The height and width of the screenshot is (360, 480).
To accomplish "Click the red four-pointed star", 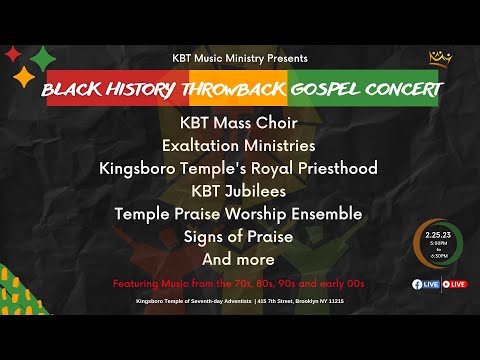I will tap(13, 54).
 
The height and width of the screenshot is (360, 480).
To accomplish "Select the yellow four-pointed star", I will tap(23, 76).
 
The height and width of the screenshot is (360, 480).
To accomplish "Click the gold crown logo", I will tap(436, 59).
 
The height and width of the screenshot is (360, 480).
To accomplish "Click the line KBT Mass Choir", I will tap(238, 123).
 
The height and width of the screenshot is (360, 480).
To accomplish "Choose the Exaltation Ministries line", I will tap(238, 145).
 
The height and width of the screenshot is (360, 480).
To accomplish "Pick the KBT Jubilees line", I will tap(238, 190).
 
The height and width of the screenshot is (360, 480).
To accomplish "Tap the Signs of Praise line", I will tap(238, 236).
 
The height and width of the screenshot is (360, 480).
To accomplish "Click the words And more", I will tap(238, 258).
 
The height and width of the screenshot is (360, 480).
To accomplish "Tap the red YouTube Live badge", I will tap(454, 284).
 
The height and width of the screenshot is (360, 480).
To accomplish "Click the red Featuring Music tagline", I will tap(238, 283).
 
